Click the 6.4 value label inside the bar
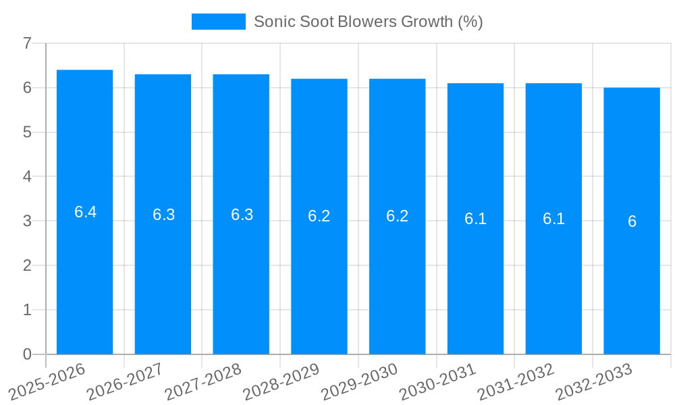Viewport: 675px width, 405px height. click(85, 212)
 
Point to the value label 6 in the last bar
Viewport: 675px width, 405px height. click(632, 221)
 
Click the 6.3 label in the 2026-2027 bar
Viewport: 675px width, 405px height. click(163, 215)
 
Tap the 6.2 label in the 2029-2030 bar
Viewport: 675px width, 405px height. click(397, 216)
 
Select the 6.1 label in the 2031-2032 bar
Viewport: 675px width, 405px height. click(553, 219)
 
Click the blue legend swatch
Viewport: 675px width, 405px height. click(218, 22)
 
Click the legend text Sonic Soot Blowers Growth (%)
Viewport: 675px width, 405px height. click(368, 22)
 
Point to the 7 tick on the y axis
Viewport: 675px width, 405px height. click(27, 43)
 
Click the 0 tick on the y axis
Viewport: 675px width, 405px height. click(27, 354)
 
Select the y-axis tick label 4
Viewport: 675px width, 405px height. click(27, 177)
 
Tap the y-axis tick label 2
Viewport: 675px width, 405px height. click(27, 265)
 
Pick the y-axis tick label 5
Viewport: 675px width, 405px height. click(27, 132)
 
